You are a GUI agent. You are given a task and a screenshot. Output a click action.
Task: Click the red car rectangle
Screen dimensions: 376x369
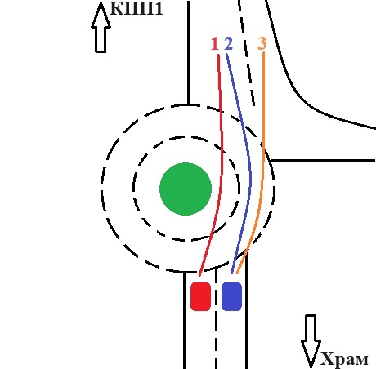(x=201, y=296)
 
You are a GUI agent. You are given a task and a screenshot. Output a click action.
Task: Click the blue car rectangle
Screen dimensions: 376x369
(x=232, y=296)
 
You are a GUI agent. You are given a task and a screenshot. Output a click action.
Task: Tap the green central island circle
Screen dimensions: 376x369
(x=186, y=189)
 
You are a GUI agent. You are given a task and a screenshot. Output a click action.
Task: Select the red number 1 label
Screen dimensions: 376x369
(x=215, y=44)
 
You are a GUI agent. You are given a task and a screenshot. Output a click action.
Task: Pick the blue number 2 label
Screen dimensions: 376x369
(x=229, y=44)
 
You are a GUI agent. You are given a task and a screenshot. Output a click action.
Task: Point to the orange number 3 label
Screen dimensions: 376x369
(x=262, y=43)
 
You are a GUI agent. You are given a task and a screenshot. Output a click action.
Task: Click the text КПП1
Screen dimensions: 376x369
(x=137, y=8)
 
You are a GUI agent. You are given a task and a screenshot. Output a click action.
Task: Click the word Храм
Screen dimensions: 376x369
(x=344, y=359)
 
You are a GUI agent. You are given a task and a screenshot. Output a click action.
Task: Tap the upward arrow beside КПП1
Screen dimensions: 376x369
(x=101, y=27)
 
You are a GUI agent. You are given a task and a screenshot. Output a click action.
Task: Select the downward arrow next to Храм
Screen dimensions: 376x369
(x=311, y=340)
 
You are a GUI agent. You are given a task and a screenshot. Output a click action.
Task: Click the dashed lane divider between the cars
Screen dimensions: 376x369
(x=217, y=318)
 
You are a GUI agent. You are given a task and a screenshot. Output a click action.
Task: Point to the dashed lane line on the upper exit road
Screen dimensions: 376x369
(x=247, y=53)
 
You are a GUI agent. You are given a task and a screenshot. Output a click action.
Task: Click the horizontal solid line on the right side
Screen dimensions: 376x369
(x=324, y=161)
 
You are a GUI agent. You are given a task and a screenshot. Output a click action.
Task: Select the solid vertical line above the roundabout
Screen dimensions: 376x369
(x=188, y=52)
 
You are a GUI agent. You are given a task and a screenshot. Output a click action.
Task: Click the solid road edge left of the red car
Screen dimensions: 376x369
(x=185, y=320)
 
